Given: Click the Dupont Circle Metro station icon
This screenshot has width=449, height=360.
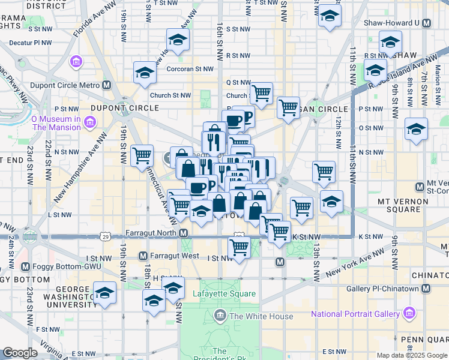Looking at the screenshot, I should coord(106,85).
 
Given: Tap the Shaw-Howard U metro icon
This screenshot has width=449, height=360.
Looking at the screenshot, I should coord(426,23).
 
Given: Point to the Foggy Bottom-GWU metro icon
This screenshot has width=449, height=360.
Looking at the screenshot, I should coord(25,266).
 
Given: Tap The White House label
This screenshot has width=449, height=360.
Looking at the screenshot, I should coord(262,316).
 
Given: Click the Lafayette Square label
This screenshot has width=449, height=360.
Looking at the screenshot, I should coord(224,294).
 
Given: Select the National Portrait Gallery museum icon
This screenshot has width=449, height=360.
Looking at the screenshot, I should coord(409,313).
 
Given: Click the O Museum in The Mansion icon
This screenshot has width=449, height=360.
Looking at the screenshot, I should coord(89,123).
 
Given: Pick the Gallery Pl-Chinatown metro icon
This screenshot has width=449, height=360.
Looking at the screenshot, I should coord(426,289).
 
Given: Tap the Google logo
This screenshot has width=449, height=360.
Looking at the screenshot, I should coord(20,353).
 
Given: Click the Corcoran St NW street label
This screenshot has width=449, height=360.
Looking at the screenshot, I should coord(190,69).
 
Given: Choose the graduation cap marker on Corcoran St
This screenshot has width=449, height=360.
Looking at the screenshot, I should coord(145,73).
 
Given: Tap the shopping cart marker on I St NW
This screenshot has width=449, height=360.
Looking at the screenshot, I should coord(240,248).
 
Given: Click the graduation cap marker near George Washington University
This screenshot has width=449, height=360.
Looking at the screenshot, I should coord(104,293).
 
